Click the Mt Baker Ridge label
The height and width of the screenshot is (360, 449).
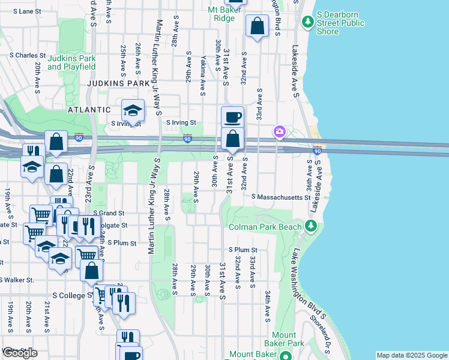tap(221, 14)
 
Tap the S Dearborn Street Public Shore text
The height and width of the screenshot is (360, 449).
tap(340, 23)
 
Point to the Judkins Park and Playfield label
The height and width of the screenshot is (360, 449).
tap(72, 62)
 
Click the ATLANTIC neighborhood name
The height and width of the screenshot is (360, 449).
tap(89, 110)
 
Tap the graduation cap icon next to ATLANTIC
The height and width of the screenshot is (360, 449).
tap(133, 110)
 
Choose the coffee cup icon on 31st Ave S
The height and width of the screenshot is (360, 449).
tap(232, 116)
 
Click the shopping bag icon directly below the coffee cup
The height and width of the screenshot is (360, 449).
tap(232, 139)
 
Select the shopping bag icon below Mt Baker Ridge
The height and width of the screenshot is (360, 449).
tap(257, 26)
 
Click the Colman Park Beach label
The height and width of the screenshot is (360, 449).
tap(265, 227)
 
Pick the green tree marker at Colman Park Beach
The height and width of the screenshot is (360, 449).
tap(310, 226)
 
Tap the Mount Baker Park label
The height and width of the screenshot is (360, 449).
tap(283, 339)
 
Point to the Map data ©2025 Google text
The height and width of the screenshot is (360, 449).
tap(411, 355)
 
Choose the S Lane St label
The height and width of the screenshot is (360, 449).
tap(17, 11)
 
